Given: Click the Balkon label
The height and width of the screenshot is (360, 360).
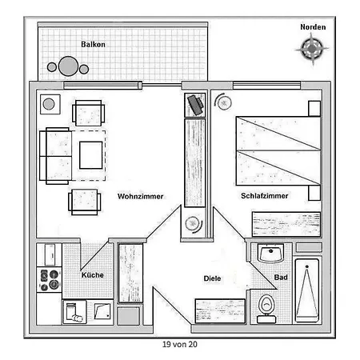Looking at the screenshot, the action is pos(93,44).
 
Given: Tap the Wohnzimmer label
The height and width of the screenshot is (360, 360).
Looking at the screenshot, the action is pos(140,196).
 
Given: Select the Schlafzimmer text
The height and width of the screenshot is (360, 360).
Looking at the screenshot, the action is pos(265,196).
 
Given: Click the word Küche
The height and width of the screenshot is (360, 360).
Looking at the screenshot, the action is pos(93,274).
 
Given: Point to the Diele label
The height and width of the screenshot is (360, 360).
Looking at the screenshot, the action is pos(212,278).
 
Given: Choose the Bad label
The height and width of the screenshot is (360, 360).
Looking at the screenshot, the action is pos(281,278).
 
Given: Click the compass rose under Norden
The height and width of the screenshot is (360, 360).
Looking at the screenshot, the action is pos(312,49).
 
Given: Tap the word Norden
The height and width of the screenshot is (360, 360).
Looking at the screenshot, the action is pos(313,27).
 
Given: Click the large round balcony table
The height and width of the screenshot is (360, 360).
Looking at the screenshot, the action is pos(68,66).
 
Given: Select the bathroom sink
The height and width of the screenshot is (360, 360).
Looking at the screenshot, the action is pos(270,253).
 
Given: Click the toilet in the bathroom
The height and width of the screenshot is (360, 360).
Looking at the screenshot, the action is pos(266,309).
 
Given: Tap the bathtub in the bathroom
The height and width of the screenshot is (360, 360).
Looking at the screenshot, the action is pos(307,290).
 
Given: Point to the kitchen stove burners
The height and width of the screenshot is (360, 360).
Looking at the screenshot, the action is pos(50,279).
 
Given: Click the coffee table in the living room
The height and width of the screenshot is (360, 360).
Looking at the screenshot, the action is pos(91,155).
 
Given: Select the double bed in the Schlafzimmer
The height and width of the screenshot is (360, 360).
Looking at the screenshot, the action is pos(278,150).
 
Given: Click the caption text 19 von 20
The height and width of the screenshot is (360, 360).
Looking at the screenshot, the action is pos(180,344).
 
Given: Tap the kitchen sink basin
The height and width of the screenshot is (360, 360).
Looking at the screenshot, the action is pos(102,311).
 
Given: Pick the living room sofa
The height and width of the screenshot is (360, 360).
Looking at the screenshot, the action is pos(56,156).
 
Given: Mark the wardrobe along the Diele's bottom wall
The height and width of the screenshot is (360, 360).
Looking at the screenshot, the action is pos(220,311).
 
